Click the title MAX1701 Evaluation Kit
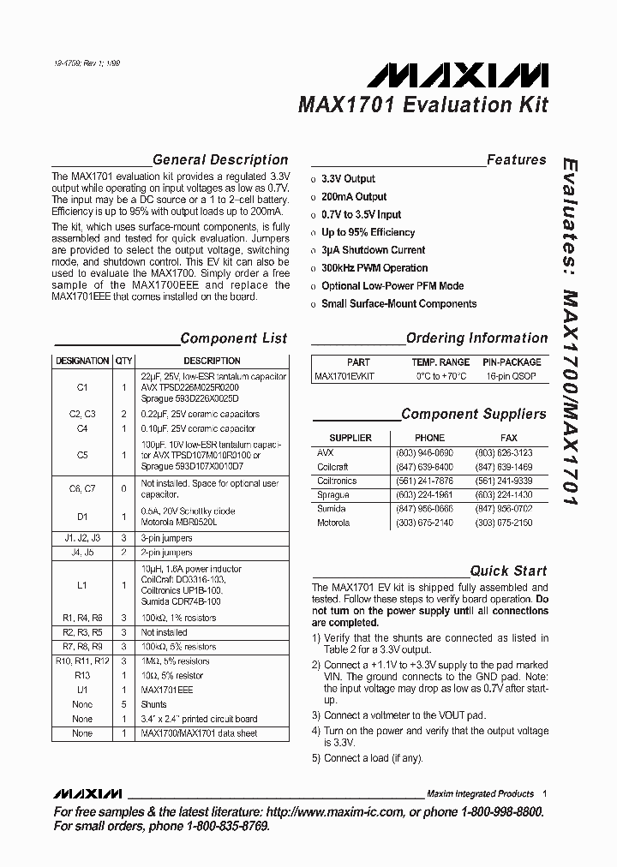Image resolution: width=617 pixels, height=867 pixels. (x=422, y=106)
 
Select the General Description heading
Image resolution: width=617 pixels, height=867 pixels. (x=219, y=160)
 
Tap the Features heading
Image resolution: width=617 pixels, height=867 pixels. (x=516, y=160)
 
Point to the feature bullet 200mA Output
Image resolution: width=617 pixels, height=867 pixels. (x=354, y=197)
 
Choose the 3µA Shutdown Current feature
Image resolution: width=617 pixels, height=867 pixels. (x=373, y=250)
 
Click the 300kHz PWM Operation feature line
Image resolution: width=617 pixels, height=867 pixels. (x=374, y=268)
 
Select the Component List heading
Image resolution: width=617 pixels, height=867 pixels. (x=233, y=338)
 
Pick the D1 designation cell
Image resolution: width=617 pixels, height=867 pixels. (x=82, y=517)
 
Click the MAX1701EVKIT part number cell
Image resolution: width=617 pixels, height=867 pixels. (x=344, y=376)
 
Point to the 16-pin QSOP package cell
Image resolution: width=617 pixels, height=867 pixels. (x=512, y=376)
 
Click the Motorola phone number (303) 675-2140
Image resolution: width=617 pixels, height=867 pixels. (x=429, y=523)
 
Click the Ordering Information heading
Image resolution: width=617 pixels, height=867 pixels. (x=476, y=338)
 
